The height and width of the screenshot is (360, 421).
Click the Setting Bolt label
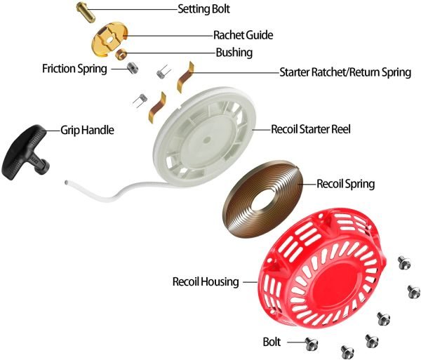click(203, 9)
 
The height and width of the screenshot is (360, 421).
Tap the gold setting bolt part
click(86, 12)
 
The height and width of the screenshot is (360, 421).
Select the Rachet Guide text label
click(243, 35)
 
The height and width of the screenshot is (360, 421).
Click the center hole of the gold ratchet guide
click(110, 39)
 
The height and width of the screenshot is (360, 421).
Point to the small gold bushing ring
click(121, 53)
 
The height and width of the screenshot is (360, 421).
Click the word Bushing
click(234, 53)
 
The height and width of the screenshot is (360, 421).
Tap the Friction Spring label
click(74, 69)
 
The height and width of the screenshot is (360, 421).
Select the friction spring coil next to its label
click(132, 68)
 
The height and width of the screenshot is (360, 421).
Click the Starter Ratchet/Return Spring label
click(345, 72)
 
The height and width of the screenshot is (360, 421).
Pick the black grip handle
click(26, 152)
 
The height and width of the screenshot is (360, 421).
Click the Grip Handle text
click(87, 131)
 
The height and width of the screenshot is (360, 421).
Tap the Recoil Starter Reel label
click(311, 129)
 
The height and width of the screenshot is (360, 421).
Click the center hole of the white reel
click(206, 140)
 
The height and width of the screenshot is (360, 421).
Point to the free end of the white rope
click(67, 182)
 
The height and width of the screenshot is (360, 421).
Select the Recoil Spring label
click(345, 184)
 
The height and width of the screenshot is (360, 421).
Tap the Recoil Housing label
click(206, 282)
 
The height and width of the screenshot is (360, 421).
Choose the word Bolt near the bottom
click(272, 342)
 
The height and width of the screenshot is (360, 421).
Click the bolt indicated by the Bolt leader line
click(312, 343)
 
